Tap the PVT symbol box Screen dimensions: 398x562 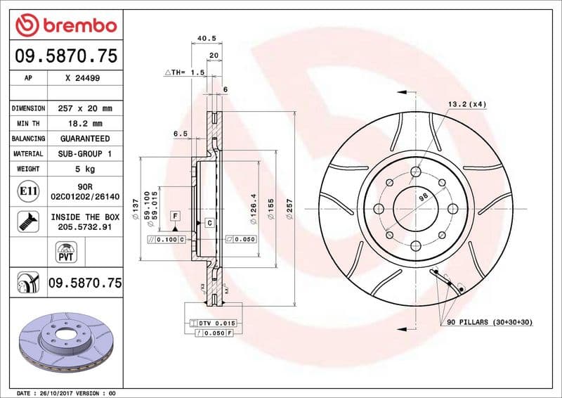pyautogui.click(x=65, y=252)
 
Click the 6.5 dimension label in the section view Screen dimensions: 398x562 pyautogui.click(x=180, y=133)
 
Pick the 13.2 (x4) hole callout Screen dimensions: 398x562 pyautogui.click(x=466, y=104)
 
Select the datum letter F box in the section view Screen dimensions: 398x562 pyautogui.click(x=174, y=214)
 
